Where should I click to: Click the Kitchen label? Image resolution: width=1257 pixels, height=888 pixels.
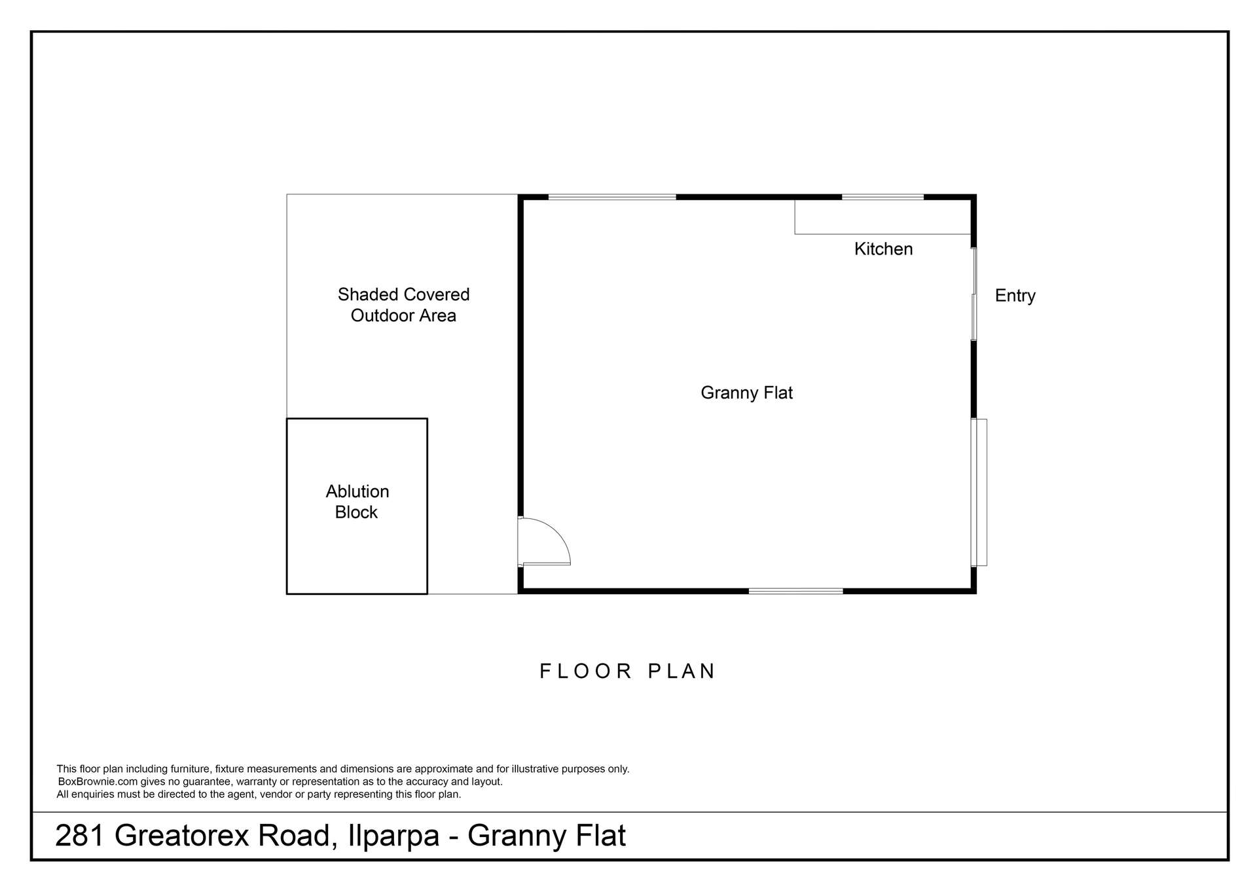click(883, 249)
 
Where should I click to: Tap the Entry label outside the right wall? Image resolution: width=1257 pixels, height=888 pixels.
click(1015, 296)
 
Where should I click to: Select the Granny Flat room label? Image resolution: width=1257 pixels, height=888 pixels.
click(746, 393)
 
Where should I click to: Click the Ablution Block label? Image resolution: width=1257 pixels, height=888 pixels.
click(357, 501)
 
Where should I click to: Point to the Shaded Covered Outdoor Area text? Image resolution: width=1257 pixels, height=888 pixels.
click(403, 305)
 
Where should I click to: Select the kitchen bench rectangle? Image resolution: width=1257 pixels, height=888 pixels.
click(882, 217)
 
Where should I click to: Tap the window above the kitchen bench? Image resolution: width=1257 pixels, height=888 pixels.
click(883, 197)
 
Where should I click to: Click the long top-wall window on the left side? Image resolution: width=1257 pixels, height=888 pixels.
click(611, 197)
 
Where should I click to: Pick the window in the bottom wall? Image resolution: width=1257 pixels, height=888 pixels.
click(795, 591)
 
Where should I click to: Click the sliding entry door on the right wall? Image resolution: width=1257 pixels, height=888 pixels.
click(974, 294)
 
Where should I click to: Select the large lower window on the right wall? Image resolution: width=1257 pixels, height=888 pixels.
click(979, 492)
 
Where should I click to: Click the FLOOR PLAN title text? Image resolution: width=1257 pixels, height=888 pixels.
click(627, 671)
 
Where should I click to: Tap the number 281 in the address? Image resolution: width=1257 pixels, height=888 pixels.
click(79, 836)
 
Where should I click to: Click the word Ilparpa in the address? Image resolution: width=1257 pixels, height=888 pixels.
click(393, 836)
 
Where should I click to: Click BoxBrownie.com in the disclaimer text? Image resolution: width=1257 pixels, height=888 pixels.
click(98, 781)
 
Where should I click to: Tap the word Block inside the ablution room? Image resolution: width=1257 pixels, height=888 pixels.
click(356, 512)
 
